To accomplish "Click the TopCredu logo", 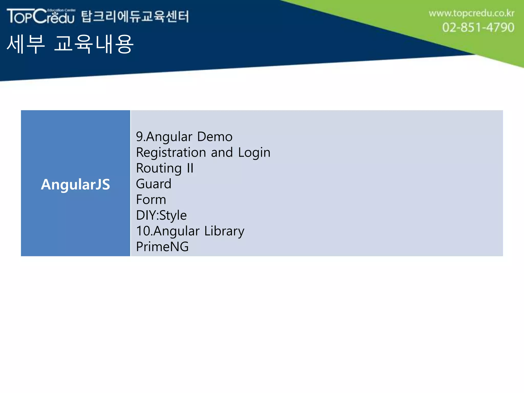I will tap(41, 16).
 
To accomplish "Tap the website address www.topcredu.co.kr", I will tap(471, 13).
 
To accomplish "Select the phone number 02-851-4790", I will tap(478, 27).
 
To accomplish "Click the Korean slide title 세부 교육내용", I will tap(70, 44).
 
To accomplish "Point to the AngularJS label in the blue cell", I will tap(75, 184).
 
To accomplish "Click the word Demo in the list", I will tap(215, 137).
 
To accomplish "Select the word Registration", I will tap(171, 152).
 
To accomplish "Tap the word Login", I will tap(254, 153).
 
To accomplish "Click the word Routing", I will tap(159, 168).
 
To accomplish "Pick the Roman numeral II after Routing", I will tap(190, 168).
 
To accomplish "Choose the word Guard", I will tap(154, 184).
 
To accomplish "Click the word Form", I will tap(151, 200).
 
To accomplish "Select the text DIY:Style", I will tap(161, 215).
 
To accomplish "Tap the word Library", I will tap(224, 231).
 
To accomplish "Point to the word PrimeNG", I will tap(162, 247).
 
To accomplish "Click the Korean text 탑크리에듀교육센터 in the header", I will tap(135, 16).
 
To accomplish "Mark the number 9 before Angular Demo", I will tap(139, 137).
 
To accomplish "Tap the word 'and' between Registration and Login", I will tap(222, 152).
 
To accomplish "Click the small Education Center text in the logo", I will tap(61, 10).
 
